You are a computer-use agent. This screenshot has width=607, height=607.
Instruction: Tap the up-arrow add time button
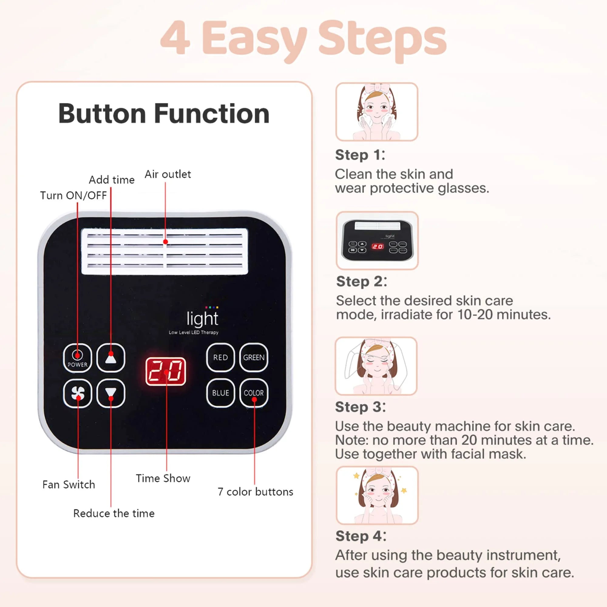click(110, 358)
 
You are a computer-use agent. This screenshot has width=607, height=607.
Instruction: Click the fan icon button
click(78, 393)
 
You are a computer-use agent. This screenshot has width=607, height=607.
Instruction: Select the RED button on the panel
click(220, 358)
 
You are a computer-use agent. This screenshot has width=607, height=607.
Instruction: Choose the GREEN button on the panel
click(253, 358)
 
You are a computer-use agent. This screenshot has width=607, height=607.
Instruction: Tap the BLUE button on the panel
click(220, 393)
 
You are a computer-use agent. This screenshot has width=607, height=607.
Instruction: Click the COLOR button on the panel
click(253, 393)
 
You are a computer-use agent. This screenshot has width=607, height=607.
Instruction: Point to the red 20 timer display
click(166, 371)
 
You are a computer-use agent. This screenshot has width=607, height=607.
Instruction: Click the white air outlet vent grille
click(164, 251)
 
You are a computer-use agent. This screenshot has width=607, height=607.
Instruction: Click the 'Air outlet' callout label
click(168, 175)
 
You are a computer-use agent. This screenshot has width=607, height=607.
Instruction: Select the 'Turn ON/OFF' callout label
click(73, 195)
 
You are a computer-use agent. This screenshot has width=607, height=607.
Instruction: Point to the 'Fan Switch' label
click(69, 484)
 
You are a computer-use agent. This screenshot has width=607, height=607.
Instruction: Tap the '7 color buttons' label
click(255, 492)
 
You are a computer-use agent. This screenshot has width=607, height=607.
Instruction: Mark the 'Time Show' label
click(163, 478)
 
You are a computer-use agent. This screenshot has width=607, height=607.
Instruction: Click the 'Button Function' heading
click(164, 114)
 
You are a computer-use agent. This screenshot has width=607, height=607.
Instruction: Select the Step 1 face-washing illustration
click(376, 112)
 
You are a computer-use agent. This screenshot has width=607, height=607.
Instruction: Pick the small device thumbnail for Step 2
click(377, 240)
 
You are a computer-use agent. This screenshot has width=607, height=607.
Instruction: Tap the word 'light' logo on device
click(202, 319)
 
